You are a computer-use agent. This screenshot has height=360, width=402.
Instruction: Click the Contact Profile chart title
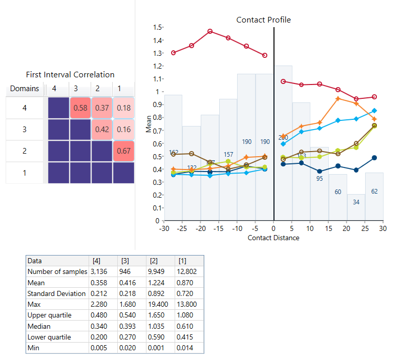click(263, 20)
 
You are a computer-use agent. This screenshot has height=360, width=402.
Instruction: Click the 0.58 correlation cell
click(79, 108)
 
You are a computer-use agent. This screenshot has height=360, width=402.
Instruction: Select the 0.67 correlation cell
click(123, 151)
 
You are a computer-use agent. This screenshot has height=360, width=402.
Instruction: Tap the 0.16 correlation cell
click(123, 129)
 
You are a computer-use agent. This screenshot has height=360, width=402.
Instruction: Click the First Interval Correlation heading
click(71, 75)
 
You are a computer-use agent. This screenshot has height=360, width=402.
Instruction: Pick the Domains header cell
click(25, 89)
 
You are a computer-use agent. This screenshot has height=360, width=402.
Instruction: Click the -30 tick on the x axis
click(164, 228)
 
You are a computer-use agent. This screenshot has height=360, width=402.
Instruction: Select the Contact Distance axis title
click(273, 238)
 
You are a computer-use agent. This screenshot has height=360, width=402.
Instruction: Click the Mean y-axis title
click(149, 124)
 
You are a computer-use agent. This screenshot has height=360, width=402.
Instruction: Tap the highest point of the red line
click(210, 31)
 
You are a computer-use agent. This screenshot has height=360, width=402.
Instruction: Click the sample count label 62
click(374, 192)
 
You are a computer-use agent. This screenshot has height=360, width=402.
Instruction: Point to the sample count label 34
click(356, 202)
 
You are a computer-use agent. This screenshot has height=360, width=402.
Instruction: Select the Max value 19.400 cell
click(156, 305)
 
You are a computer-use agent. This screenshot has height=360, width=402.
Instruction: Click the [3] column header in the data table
click(123, 260)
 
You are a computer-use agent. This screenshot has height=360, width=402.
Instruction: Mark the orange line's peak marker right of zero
click(337, 99)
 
